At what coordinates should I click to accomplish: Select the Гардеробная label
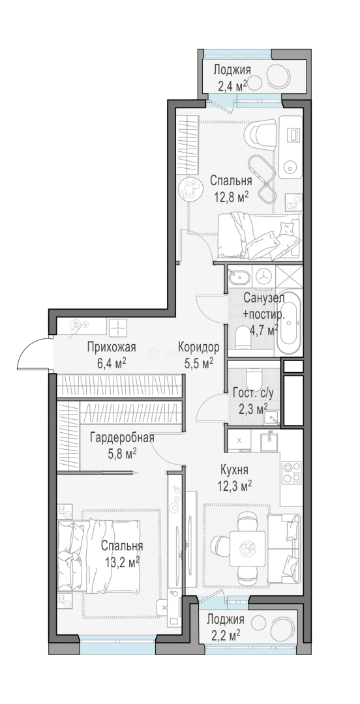(x=122, y=438)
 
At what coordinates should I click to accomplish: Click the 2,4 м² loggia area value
(x=232, y=85)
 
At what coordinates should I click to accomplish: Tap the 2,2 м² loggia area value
(x=223, y=636)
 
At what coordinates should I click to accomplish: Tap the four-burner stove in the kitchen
(x=292, y=471)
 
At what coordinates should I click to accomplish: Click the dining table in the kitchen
(x=247, y=548)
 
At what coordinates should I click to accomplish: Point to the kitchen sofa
(x=283, y=550)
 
